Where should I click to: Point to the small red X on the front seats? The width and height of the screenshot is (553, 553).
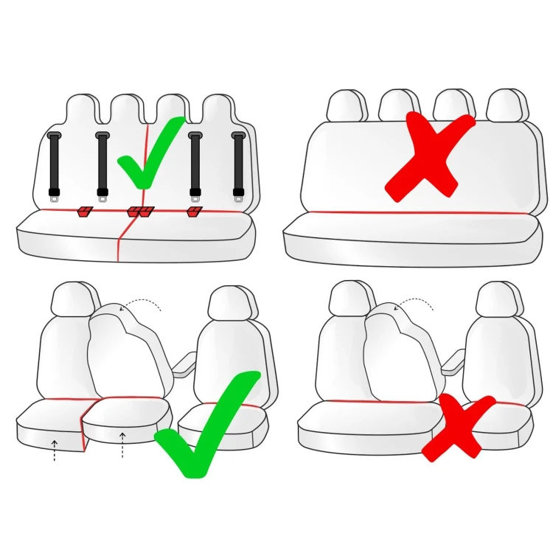coord(458,426)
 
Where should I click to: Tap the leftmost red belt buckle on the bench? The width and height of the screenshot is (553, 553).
coord(85,212)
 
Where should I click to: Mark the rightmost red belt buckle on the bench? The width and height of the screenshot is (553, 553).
coord(195,212)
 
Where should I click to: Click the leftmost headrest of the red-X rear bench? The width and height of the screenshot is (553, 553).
coord(346,105)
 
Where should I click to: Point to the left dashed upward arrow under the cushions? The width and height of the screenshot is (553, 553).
coord(55,450)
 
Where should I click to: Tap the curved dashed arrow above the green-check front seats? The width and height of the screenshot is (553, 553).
coord(142,302)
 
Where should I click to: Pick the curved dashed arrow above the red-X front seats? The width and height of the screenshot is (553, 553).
coord(414,302)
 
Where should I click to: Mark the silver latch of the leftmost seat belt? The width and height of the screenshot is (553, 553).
coord(54,193)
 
